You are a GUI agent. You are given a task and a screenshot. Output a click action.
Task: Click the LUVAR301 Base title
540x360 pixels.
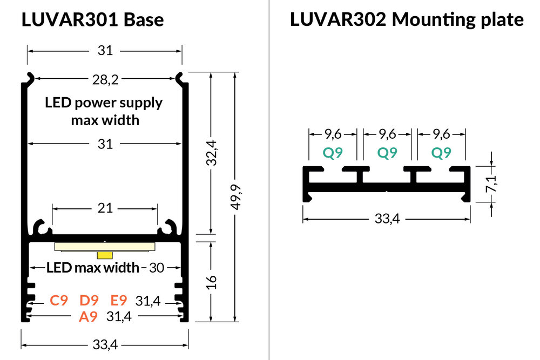[92, 20]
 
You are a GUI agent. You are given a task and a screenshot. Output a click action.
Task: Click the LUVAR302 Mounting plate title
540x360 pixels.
[406, 20]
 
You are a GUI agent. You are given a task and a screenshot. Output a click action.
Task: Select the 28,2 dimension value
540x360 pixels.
[105, 80]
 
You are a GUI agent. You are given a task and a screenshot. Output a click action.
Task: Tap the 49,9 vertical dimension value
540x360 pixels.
[234, 198]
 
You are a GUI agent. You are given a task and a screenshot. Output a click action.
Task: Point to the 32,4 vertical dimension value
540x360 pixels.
[211, 153]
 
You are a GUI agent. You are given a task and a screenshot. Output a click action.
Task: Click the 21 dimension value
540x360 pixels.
[105, 208]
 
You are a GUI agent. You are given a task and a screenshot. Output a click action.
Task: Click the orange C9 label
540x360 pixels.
[59, 301]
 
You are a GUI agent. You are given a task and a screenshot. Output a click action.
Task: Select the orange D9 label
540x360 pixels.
[89, 301]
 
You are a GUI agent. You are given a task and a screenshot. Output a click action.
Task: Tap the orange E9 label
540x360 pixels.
[119, 301]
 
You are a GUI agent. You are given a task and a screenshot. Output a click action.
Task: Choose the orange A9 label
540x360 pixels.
[88, 317]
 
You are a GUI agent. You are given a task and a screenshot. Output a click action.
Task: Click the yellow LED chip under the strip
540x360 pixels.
[105, 254]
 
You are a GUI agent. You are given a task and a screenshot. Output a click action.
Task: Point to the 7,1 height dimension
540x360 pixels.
[491, 184]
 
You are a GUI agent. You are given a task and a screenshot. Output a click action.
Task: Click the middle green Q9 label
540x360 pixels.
[387, 153]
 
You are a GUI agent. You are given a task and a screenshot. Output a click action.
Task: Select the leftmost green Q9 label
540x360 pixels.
[333, 153]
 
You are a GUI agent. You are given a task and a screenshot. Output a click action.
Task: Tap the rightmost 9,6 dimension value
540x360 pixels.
[441, 133]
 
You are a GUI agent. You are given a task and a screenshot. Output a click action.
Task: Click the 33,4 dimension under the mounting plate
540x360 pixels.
[386, 219]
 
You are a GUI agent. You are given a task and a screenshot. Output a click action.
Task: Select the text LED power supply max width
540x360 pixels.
[105, 111]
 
